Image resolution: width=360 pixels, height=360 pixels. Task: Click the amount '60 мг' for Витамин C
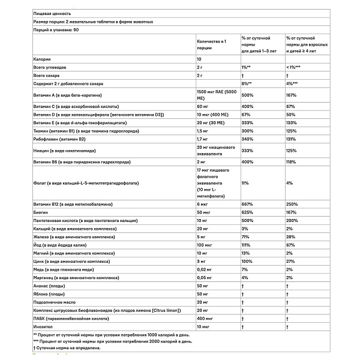[x=205, y=106]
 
